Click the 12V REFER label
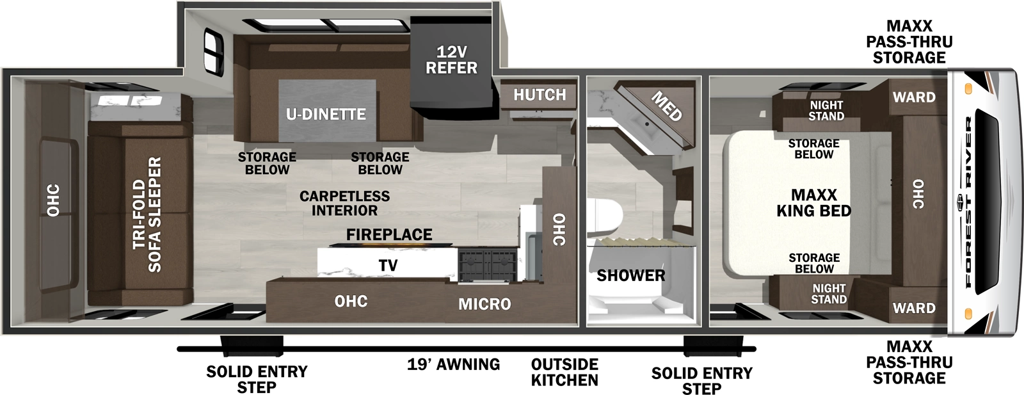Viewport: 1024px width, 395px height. coord(451,60)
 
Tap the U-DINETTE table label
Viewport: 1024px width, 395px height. coord(326,115)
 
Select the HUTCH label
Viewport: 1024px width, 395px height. coord(540,95)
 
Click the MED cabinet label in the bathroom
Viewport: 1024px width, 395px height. coord(666,106)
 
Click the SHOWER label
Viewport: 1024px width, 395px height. coord(630,276)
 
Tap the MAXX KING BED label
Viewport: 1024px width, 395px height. coord(813,203)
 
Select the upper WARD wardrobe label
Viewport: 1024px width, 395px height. coord(914,97)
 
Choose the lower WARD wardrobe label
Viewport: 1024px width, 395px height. coord(914,308)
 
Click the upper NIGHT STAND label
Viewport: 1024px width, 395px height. coord(826,110)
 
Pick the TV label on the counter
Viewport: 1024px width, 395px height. coord(388,265)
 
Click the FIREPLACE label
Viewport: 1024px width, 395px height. coord(389,235)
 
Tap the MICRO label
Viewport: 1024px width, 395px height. coord(484,304)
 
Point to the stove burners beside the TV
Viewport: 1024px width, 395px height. coord(487,266)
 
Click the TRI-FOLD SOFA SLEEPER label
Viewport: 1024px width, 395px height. coord(147,214)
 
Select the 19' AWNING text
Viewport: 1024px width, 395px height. coord(453,365)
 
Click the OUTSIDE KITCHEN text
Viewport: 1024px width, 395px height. coord(564,372)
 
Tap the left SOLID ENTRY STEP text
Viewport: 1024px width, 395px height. coord(257,379)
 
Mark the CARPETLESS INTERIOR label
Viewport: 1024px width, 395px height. coord(344,203)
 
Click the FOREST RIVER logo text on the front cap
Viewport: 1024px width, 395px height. coord(968,202)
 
